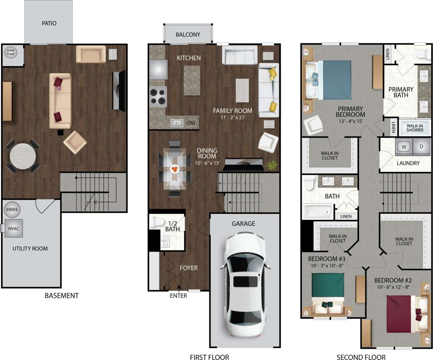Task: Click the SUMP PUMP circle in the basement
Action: point(11,53)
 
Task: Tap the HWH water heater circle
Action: point(12,210)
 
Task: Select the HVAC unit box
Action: point(14,228)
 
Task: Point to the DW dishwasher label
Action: point(191,123)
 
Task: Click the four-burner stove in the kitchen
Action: point(158,96)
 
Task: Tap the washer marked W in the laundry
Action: point(404,147)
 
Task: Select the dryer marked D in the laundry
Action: point(421,147)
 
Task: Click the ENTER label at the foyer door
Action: point(178,296)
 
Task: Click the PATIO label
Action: point(49,23)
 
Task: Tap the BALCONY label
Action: point(188,34)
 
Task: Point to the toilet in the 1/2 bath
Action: point(158,222)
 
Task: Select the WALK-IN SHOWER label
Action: point(415,128)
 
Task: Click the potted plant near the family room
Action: point(272,165)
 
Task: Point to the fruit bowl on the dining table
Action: point(175,169)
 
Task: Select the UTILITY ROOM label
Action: point(30,248)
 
